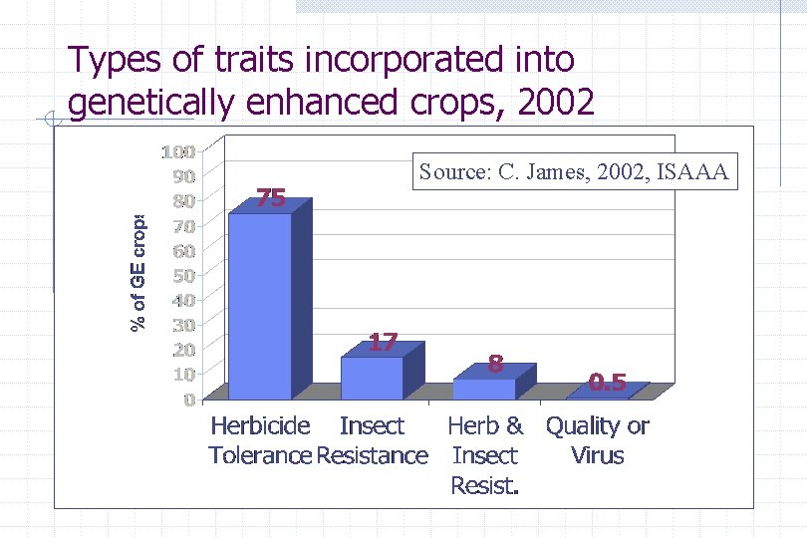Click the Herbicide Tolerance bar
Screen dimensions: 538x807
click(x=261, y=304)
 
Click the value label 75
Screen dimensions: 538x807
click(x=271, y=198)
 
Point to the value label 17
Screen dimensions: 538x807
click(x=384, y=343)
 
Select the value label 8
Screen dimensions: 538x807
click(x=495, y=364)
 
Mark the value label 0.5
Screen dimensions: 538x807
click(x=607, y=382)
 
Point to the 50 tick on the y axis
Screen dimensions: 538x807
click(x=182, y=275)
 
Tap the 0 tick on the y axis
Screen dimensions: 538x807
click(x=188, y=400)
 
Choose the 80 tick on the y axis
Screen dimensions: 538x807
click(x=182, y=201)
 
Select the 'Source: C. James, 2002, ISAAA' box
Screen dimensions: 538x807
click(x=574, y=172)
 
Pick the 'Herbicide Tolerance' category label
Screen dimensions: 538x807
click(x=260, y=440)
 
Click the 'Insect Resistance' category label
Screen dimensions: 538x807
click(x=372, y=440)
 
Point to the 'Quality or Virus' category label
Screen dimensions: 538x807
click(x=597, y=440)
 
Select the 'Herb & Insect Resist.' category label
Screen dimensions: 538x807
click(x=485, y=455)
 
